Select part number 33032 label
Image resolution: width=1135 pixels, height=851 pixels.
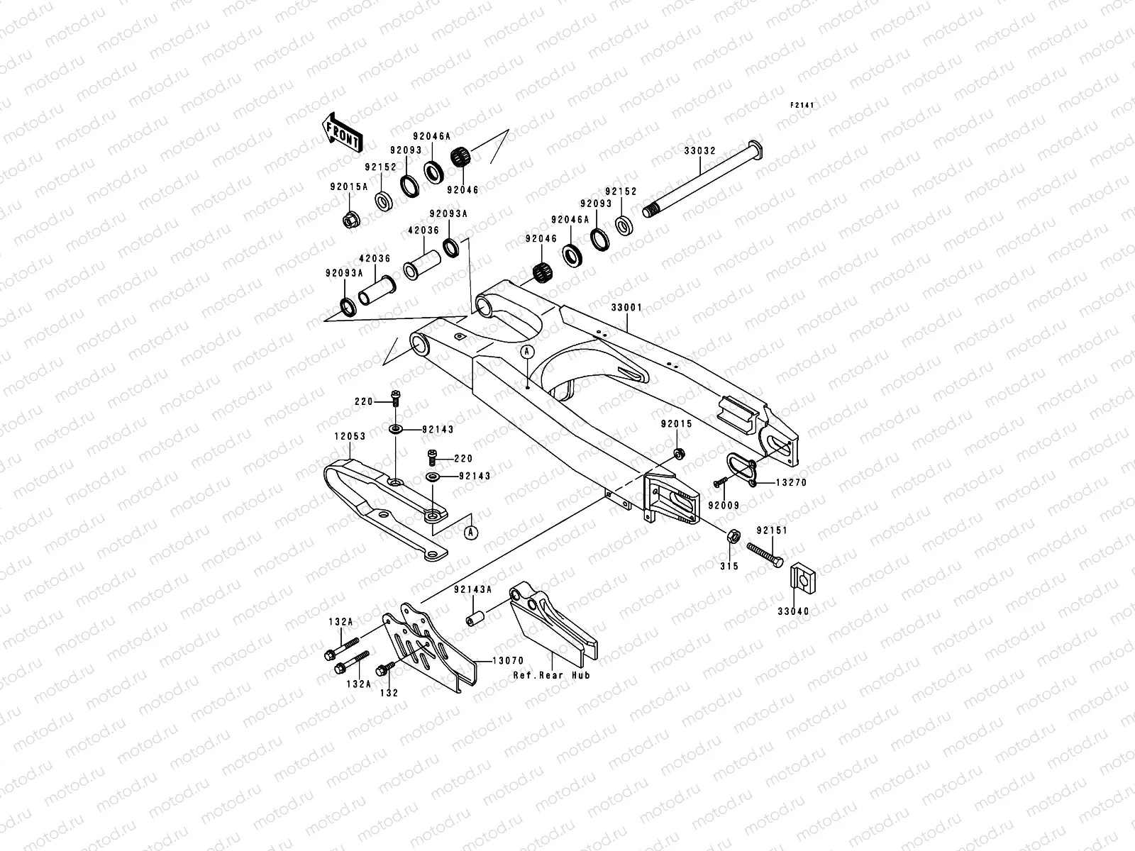tap(699, 151)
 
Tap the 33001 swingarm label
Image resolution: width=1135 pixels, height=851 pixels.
tap(627, 308)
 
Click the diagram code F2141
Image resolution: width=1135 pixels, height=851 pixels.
tap(803, 106)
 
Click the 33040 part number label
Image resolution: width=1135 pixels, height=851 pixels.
tap(792, 611)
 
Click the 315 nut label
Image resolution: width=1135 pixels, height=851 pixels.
tap(729, 566)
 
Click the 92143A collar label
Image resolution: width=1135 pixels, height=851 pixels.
tap(471, 590)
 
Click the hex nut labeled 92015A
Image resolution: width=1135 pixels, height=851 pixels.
tap(350, 220)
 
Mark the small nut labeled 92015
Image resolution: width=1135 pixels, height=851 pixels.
tap(677, 454)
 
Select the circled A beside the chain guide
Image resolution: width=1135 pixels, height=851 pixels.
tap(470, 530)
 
